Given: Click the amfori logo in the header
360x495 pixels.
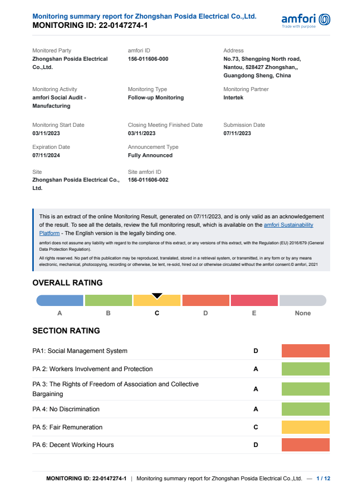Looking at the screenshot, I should (306, 20).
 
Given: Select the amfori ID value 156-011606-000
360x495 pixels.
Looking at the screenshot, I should (148, 59).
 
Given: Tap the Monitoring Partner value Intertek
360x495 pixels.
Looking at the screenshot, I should (233, 97).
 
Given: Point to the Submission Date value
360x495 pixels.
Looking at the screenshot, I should (237, 133).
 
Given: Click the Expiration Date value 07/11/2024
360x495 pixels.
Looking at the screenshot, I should (46, 155).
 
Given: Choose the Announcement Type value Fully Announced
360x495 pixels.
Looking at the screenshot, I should (150, 155).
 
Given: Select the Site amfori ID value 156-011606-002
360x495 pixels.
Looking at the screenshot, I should (148, 180).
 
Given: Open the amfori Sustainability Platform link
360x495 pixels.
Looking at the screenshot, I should (289, 225).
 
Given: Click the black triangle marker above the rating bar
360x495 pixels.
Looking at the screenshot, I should (157, 296).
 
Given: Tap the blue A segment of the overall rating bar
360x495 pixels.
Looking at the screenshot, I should (60, 301).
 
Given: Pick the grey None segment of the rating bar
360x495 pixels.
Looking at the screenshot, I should (303, 301).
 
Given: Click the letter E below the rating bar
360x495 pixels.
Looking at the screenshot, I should (254, 313).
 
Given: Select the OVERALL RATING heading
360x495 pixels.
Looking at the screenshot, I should (67, 283).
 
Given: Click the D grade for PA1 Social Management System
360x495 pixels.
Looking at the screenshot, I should (255, 351).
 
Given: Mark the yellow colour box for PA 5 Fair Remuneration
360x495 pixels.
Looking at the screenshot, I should (305, 427).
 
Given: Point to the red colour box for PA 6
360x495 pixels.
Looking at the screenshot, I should (305, 445).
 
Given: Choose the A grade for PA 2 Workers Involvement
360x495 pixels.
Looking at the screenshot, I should (255, 369).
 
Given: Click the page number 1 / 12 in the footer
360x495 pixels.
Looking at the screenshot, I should (323, 478).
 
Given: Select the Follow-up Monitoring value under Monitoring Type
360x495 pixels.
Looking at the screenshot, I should (156, 97).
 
